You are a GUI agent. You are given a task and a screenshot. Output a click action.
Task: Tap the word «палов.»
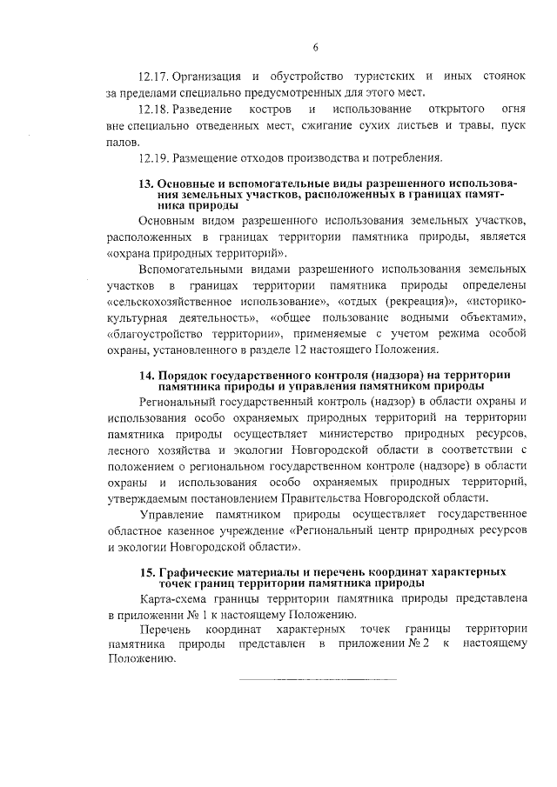[x=123, y=142]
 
